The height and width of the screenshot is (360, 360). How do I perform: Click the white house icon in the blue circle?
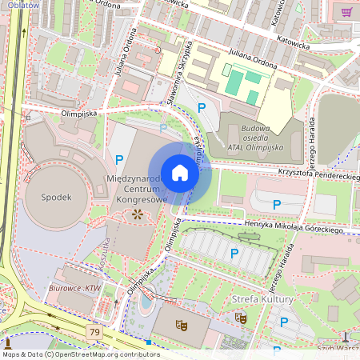pos(180,172)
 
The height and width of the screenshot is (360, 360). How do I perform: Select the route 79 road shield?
pos(95,331)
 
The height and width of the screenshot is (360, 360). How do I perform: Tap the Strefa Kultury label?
pos(262,299)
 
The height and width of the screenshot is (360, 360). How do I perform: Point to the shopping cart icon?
pos(347,12)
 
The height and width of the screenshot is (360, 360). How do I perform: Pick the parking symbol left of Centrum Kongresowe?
pos(119,160)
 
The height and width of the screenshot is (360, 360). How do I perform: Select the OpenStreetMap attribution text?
pos(70,354)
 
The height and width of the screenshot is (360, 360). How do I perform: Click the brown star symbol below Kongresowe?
pos(137,214)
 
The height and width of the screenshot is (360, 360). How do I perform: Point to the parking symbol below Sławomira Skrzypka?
pos(202,107)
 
